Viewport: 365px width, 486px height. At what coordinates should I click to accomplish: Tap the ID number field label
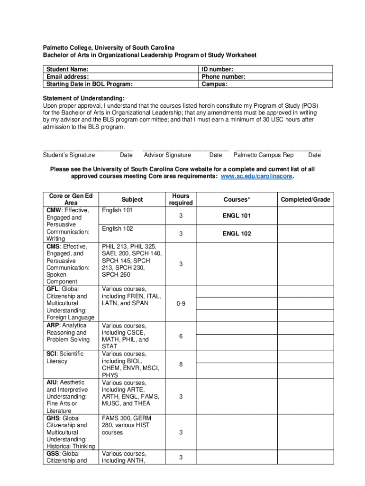point(218,69)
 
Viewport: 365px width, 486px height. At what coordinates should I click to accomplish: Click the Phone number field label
point(223,77)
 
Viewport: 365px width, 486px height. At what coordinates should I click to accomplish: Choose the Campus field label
point(215,84)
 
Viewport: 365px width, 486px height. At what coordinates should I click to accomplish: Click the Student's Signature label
point(69,155)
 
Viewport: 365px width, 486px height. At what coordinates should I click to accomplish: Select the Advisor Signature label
point(167,155)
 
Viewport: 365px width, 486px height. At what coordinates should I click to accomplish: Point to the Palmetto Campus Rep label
point(264,155)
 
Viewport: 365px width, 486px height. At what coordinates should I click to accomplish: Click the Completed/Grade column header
point(305,200)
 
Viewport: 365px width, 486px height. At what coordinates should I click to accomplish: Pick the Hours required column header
point(181,199)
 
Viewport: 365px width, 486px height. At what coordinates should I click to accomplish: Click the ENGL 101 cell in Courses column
point(237,216)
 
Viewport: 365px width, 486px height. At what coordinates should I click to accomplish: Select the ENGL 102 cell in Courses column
point(237,234)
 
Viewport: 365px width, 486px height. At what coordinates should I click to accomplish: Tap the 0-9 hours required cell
point(181,303)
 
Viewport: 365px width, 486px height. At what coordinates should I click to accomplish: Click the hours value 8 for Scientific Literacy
point(181,364)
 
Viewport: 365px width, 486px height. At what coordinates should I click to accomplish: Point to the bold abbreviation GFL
point(53,289)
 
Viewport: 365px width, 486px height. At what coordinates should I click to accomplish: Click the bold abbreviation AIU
point(52,383)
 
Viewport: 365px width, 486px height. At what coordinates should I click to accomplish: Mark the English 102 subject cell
point(118,229)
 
